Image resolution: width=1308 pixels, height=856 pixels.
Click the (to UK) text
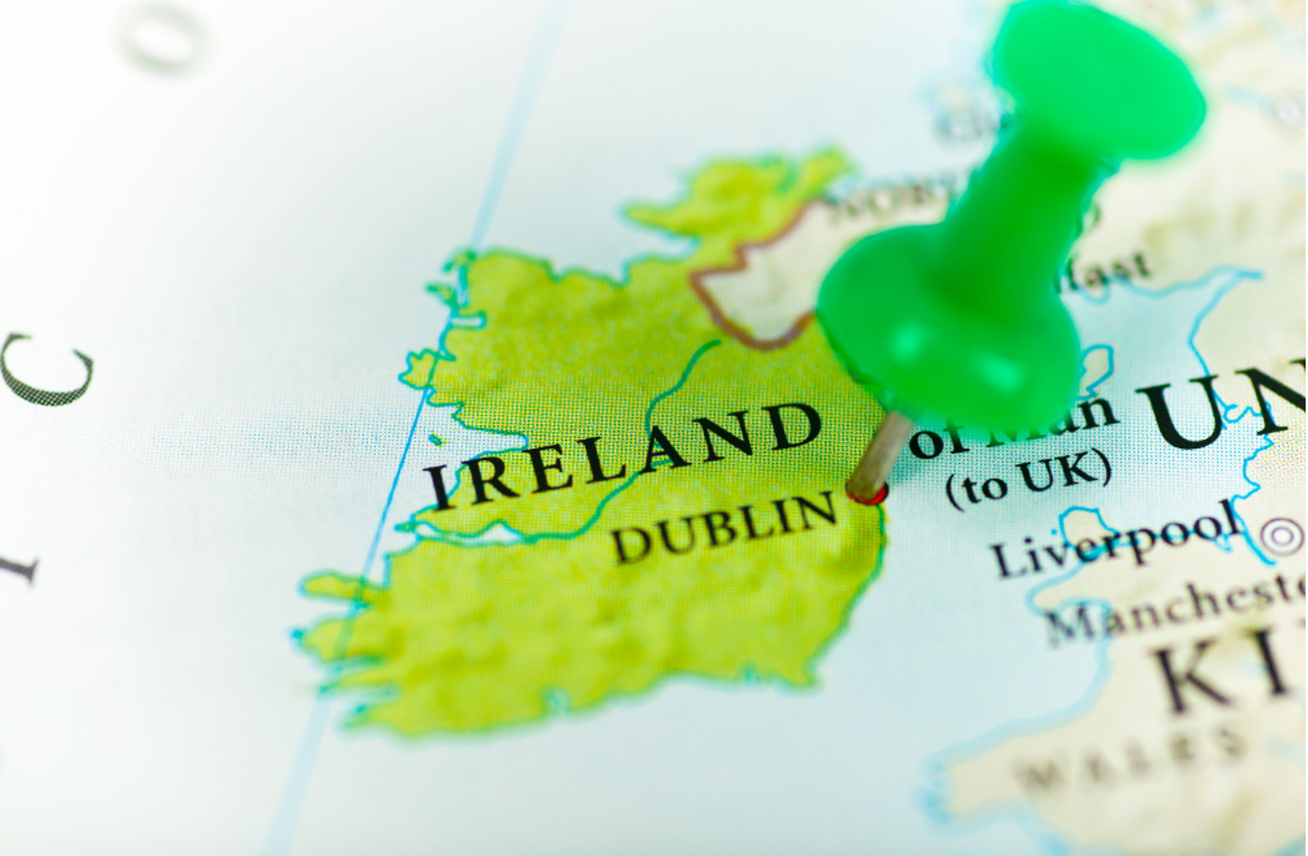(1028, 477)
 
